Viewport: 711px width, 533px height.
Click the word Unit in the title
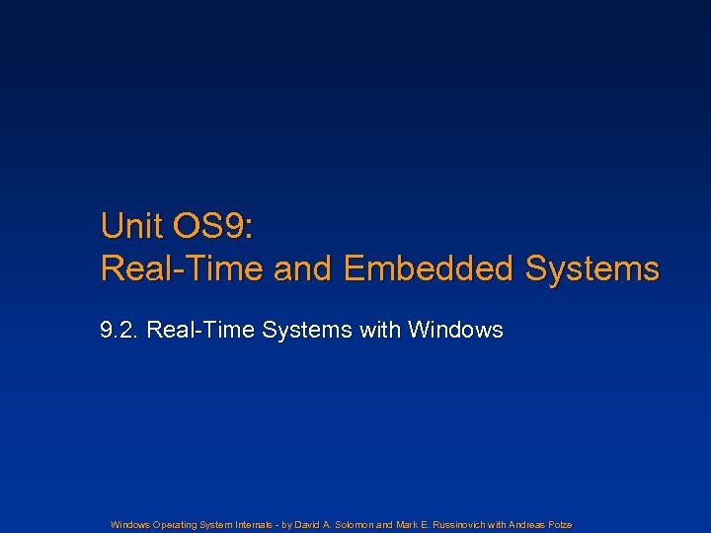pos(131,227)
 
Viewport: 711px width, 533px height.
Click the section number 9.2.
pos(119,330)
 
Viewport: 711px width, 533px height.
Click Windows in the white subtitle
pos(454,330)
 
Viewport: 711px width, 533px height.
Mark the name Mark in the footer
pos(406,524)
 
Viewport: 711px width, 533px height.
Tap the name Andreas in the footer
pos(530,524)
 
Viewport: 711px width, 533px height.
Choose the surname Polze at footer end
pos(562,524)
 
